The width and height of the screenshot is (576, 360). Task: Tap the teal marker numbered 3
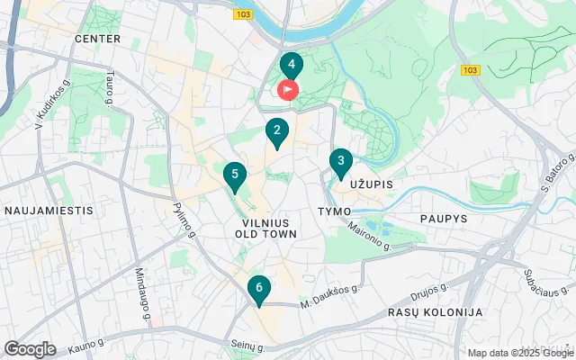(340, 162)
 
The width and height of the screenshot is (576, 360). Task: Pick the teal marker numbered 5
(234, 175)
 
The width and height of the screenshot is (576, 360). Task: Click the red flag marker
(288, 90)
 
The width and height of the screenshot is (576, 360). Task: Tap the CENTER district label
(97, 39)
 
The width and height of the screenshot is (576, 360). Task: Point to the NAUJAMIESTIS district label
(49, 210)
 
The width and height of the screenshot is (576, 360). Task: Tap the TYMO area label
(334, 210)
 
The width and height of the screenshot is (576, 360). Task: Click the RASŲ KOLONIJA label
(435, 311)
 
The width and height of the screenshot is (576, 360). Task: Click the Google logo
(30, 348)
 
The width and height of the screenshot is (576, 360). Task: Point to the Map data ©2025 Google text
(519, 353)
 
